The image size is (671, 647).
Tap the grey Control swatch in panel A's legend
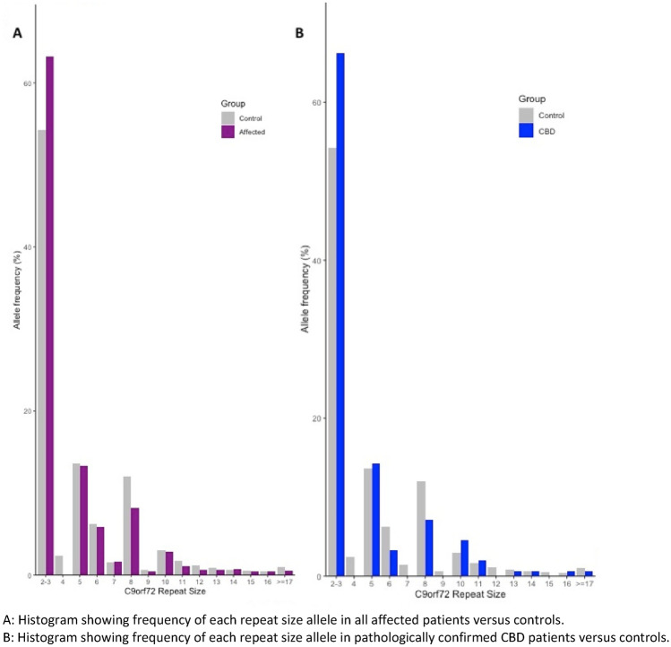(x=228, y=117)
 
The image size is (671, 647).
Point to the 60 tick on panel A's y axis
(x=29, y=83)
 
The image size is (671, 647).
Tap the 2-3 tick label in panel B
(x=336, y=583)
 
